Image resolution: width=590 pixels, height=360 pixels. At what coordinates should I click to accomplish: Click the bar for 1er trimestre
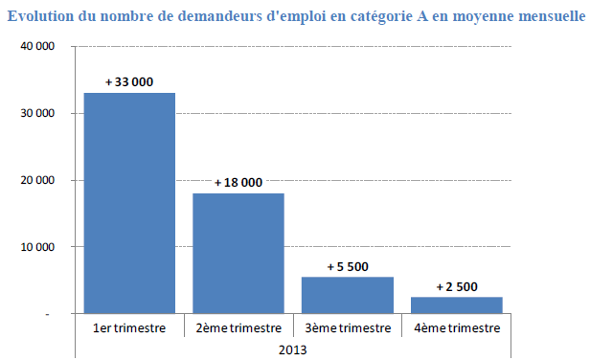coord(129,203)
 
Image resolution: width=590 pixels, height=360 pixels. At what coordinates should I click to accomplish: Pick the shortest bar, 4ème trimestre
coord(456,304)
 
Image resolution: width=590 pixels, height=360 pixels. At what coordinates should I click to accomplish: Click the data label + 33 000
coord(129,82)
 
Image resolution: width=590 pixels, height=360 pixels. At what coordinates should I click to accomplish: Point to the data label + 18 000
coord(238,182)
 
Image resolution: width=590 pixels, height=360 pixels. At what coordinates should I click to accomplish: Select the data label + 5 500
coord(348,266)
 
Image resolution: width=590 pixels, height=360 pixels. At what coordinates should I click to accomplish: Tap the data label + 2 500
coord(456,285)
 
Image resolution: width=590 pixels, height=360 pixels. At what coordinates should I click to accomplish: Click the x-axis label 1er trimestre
coord(129,328)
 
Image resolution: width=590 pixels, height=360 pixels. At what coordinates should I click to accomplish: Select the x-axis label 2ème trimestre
coord(238,328)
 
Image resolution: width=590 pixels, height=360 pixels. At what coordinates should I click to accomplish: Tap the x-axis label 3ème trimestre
coord(348,328)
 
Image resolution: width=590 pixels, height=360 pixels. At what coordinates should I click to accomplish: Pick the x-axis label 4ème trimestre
coord(456,328)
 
